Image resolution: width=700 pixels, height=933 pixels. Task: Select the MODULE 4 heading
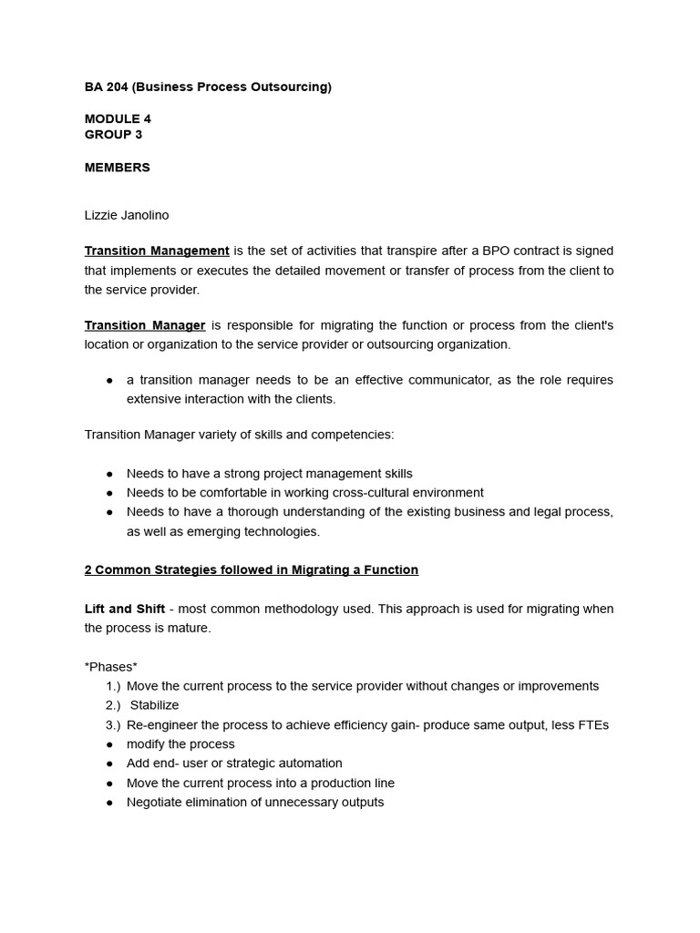click(x=118, y=119)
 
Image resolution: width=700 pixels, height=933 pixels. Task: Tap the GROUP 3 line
click(x=113, y=135)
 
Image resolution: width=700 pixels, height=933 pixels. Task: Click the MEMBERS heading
click(x=117, y=168)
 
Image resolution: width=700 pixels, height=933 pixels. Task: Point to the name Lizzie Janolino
click(x=126, y=216)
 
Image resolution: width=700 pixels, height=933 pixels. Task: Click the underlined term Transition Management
click(x=157, y=251)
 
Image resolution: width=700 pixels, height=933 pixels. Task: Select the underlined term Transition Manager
click(x=145, y=325)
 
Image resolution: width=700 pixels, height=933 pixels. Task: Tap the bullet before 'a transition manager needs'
click(x=109, y=380)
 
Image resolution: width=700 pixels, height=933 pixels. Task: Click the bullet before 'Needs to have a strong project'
click(x=109, y=474)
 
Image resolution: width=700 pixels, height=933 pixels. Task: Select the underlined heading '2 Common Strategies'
click(x=251, y=570)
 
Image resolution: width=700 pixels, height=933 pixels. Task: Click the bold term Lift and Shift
click(x=125, y=609)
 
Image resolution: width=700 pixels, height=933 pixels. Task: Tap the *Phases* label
click(x=111, y=667)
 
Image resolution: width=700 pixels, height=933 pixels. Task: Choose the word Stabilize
click(x=154, y=705)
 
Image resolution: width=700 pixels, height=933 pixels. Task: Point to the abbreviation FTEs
click(x=592, y=725)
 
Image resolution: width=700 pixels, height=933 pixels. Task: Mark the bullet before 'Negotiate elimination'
click(x=109, y=803)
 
